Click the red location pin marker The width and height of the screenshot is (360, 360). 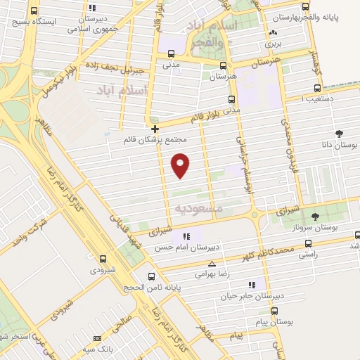tap(181, 165)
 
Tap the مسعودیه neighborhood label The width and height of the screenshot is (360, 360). tap(198, 208)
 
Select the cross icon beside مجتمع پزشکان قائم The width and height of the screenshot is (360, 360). tap(155, 129)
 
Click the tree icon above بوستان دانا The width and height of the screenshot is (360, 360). tap(340, 133)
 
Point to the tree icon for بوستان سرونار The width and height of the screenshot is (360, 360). tap(314, 217)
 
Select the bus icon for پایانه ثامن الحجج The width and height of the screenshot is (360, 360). tap(151, 276)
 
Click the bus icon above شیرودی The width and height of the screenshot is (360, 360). tap(103, 259)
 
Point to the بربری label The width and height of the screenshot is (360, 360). tap(273, 44)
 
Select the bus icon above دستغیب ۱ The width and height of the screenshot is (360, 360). tap(316, 89)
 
